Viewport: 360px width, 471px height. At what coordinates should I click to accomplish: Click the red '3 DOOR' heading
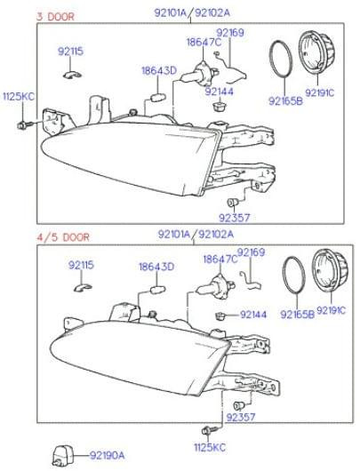click(55, 16)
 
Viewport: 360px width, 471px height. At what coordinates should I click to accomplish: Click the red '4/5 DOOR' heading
click(63, 237)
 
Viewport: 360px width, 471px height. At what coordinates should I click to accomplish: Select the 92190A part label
click(108, 456)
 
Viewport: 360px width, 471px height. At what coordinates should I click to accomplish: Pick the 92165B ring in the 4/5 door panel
click(293, 275)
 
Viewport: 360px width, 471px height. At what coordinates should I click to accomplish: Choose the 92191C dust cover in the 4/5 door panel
click(330, 270)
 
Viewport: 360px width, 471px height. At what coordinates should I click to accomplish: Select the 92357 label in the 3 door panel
click(234, 217)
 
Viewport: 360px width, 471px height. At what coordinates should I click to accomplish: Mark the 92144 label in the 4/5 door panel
click(253, 315)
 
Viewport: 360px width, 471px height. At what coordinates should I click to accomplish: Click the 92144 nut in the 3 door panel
click(219, 107)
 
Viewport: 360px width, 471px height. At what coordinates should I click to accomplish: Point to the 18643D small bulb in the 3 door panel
click(157, 98)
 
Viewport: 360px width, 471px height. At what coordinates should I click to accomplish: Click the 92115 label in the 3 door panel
click(70, 52)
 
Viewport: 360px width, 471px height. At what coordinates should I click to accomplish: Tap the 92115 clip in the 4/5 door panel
click(83, 287)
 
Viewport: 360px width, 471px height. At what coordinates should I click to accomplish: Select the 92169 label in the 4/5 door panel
click(251, 252)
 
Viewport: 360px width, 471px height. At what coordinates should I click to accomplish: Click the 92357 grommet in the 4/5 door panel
click(239, 405)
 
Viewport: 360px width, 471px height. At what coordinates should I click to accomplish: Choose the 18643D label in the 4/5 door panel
click(156, 267)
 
